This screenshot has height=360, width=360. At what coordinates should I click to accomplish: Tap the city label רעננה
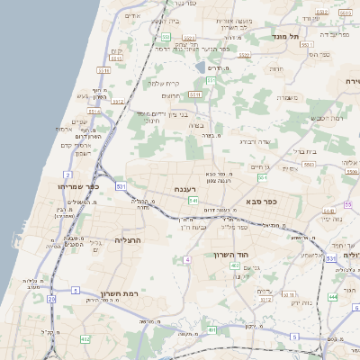tap(187, 190)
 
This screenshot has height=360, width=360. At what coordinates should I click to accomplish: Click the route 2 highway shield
tap(68, 174)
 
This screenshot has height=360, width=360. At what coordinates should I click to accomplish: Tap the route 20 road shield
tap(50, 298)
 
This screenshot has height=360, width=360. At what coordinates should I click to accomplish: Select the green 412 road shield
tap(85, 338)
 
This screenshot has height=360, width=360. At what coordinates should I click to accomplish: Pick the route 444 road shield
tap(333, 296)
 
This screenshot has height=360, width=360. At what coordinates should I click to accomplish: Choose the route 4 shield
tap(187, 259)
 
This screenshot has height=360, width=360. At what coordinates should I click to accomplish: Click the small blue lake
tap(200, 66)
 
